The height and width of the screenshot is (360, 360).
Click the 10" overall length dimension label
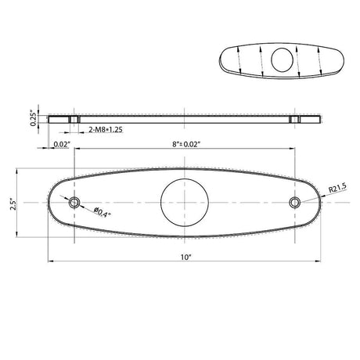186,257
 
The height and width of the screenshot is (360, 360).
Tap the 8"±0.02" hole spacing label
186,144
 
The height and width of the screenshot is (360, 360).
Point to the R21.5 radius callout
337,188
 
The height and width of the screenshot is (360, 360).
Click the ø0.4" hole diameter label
103,212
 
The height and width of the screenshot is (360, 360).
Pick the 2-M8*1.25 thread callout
106,129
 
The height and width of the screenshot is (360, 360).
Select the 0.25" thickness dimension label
34,119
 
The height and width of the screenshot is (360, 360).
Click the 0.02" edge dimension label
62,144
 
